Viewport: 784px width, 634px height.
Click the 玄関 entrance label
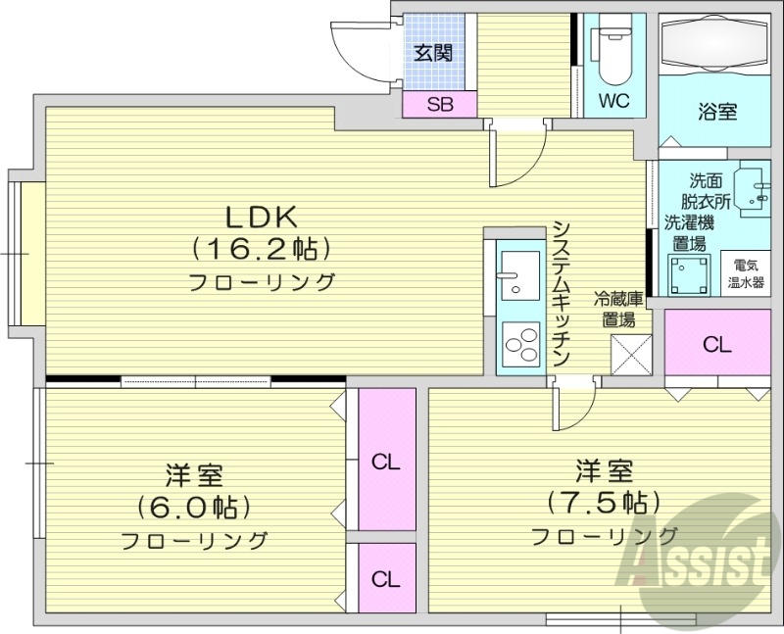[x=431, y=54]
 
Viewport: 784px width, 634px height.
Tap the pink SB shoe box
[x=439, y=105]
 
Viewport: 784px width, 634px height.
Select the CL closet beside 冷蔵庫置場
[x=716, y=344]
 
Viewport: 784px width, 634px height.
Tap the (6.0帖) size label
[x=194, y=508]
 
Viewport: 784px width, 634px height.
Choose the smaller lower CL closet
[x=386, y=578]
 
